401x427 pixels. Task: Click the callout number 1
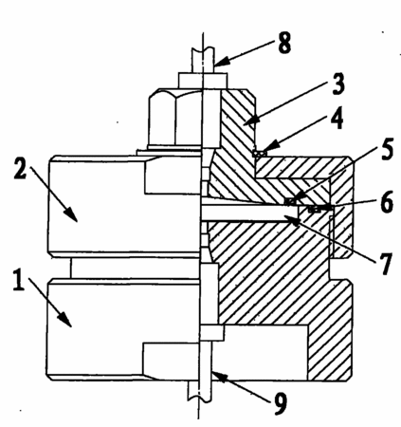[x=19, y=279]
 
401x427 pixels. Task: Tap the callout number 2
[x=20, y=167]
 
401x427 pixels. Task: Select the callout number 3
[x=338, y=84]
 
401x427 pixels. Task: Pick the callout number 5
[x=386, y=149]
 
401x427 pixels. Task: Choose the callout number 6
[x=387, y=201]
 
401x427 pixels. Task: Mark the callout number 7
[x=386, y=264]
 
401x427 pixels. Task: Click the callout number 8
[x=284, y=43]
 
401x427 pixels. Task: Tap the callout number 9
[x=281, y=403]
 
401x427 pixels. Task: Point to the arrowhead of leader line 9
[x=217, y=376]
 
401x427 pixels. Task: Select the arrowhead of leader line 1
[x=65, y=320]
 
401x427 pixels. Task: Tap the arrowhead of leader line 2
[x=71, y=214]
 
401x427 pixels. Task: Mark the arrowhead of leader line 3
[x=249, y=121]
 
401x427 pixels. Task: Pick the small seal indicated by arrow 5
[x=289, y=201]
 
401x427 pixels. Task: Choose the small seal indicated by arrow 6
[x=313, y=209]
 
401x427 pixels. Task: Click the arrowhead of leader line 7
[x=290, y=219]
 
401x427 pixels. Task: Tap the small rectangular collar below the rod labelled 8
[x=203, y=81]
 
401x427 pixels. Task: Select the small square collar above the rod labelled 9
[x=212, y=333]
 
